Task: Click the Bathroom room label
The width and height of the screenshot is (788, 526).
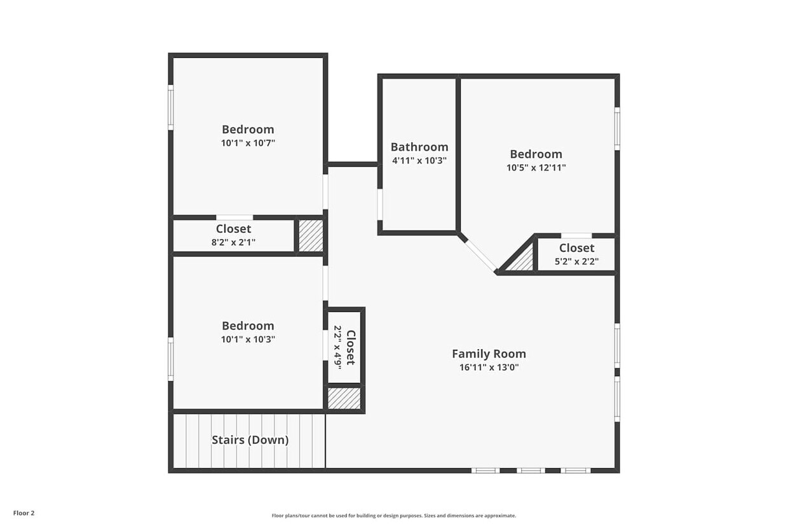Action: (x=419, y=147)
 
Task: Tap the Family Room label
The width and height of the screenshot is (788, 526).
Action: (x=489, y=354)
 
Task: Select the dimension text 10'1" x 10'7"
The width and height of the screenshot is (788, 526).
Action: (x=248, y=143)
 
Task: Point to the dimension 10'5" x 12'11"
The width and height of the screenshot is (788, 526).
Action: (x=536, y=168)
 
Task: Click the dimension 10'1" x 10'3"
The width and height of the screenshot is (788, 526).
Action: (x=248, y=339)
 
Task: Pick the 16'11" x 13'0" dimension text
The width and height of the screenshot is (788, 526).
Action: (x=489, y=367)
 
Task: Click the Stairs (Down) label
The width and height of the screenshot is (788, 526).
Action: (x=250, y=439)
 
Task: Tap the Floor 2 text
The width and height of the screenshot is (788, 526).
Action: (x=24, y=513)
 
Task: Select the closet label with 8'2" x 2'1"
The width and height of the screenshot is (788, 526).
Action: (x=233, y=228)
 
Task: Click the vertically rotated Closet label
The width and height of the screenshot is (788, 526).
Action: (x=350, y=347)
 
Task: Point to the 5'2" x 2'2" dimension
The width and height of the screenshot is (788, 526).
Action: (x=576, y=261)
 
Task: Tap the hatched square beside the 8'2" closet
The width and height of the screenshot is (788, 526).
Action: (x=311, y=236)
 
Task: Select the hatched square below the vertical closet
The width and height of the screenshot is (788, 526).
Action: (x=344, y=398)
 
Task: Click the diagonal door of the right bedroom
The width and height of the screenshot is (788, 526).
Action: (x=480, y=255)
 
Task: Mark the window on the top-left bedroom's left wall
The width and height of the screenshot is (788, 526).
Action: (x=170, y=107)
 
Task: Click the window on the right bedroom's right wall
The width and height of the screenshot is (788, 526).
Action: (x=616, y=128)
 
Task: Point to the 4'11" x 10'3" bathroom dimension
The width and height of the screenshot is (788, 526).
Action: (x=419, y=160)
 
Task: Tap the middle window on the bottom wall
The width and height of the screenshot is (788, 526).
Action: (x=531, y=470)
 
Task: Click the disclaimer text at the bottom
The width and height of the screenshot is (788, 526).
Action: (x=393, y=516)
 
